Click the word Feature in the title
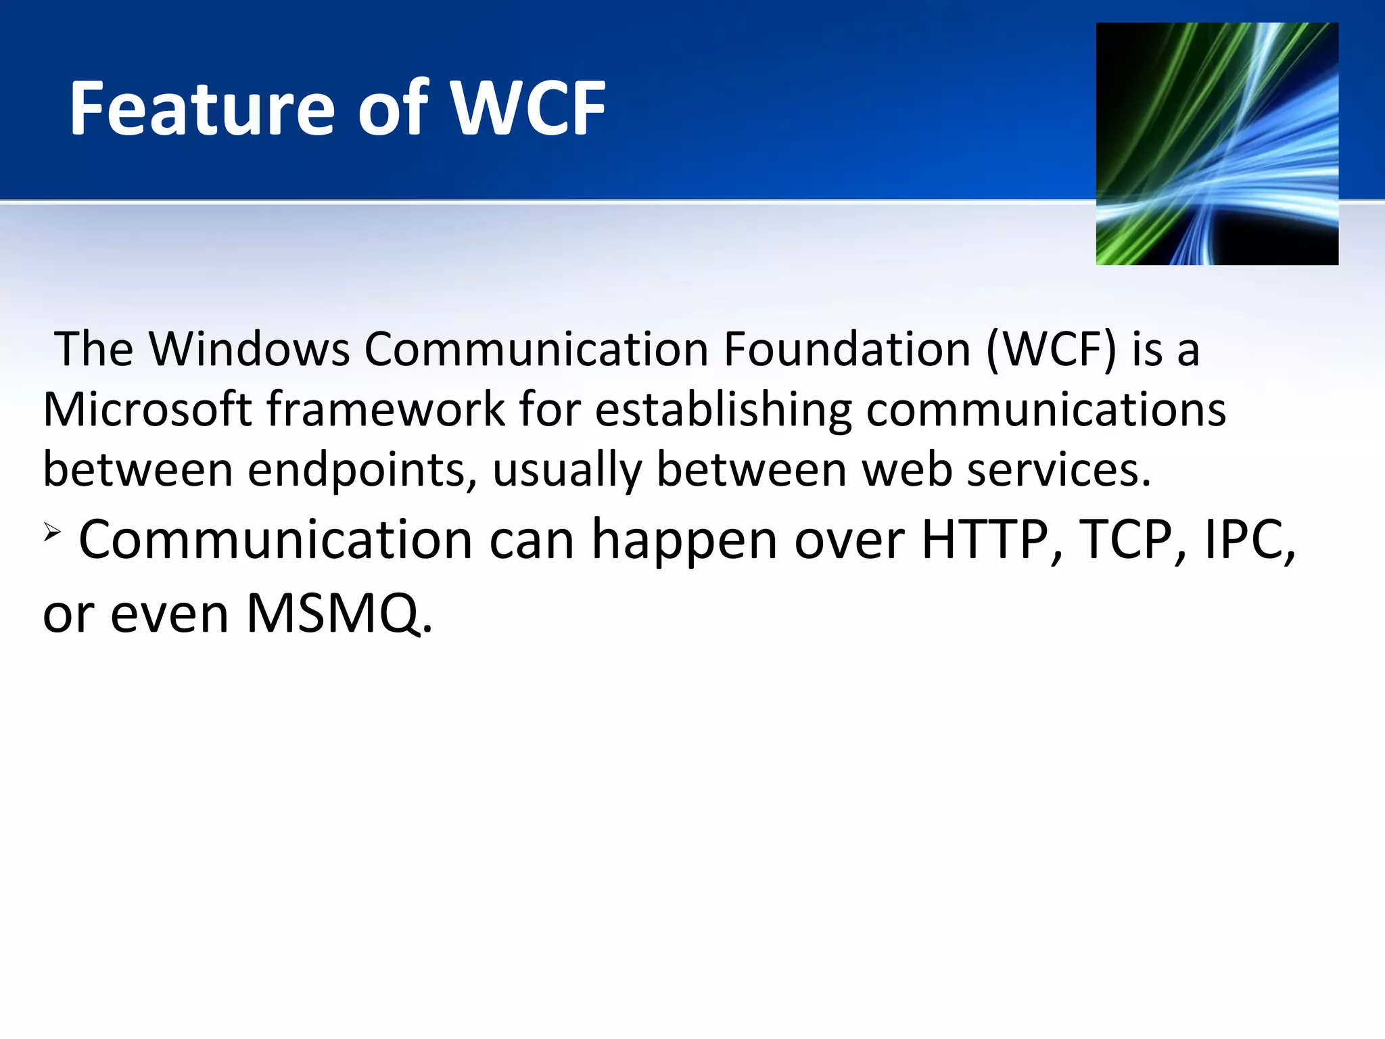click(202, 108)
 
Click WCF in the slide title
click(528, 108)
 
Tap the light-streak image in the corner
click(1217, 143)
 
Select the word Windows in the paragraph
click(249, 350)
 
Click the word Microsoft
click(147, 410)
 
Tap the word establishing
click(724, 410)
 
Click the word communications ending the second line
click(1046, 410)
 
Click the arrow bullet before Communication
click(53, 532)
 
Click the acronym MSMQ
click(338, 614)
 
